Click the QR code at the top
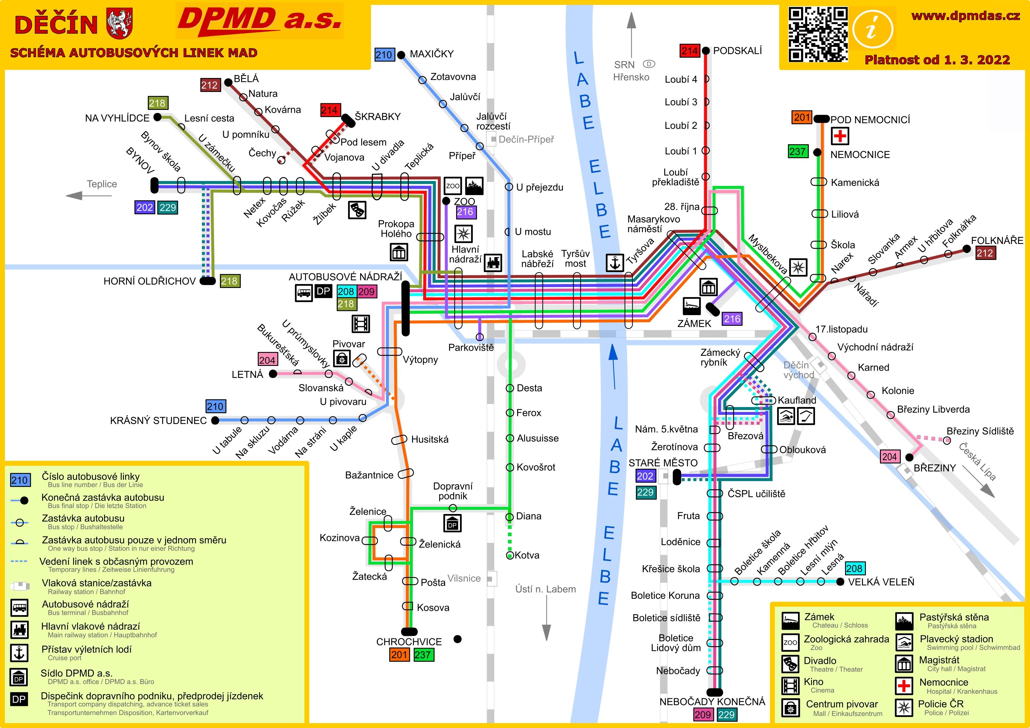(818, 34)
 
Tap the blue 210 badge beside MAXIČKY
(384, 55)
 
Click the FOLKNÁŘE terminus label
(997, 240)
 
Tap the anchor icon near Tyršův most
(615, 263)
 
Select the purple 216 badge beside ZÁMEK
(732, 319)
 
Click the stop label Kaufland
(797, 400)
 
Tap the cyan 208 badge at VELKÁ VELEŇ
(854, 568)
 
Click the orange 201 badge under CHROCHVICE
(399, 654)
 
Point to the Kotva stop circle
(510, 556)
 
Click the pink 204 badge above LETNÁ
(267, 360)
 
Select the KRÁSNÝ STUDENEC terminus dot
(215, 420)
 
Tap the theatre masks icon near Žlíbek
(357, 209)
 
